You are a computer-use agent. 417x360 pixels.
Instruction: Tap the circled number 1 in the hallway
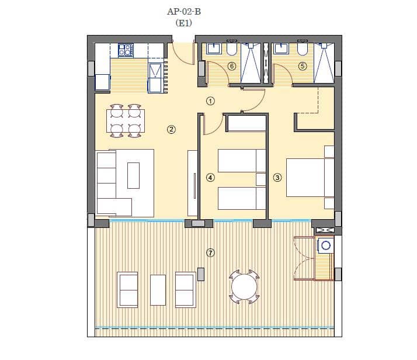coord(210,101)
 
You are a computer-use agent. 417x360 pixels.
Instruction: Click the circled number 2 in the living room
coord(171,130)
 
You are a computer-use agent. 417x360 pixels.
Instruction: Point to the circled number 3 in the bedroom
coord(277,177)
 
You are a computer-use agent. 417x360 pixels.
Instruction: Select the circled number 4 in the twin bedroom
coord(210,177)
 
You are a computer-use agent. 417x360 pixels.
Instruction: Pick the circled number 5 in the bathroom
coord(302,66)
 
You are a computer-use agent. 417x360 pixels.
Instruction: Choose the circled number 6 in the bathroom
coord(231,66)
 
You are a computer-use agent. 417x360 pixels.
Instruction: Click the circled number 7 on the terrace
coord(210,253)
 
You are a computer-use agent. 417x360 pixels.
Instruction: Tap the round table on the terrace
coord(244,287)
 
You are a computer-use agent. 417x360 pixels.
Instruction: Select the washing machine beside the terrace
coord(325,246)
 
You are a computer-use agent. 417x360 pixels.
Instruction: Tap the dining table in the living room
coord(126,122)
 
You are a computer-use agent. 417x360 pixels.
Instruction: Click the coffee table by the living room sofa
coord(134,175)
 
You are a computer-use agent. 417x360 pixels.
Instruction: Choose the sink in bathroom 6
coord(214,49)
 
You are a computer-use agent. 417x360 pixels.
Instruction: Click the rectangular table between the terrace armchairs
coord(158,290)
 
